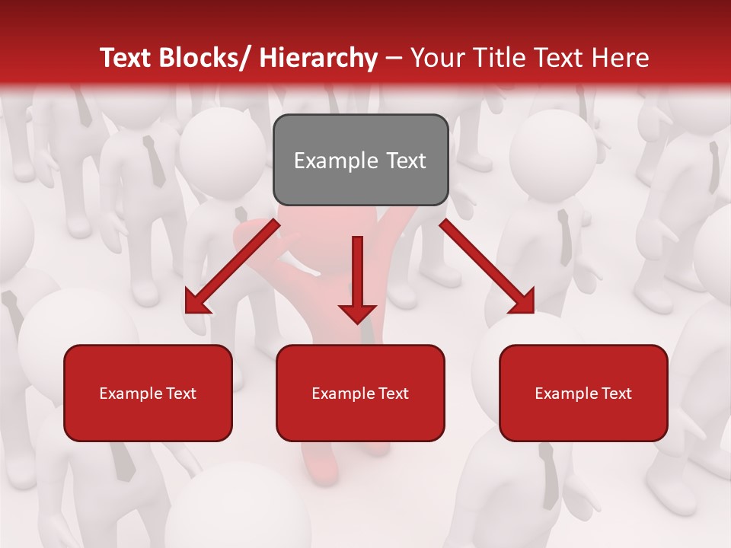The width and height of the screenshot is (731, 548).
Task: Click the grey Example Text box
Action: pos(360,160)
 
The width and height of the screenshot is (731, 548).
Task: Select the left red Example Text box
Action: pos(148,393)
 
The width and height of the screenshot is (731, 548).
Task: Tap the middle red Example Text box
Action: pos(360,393)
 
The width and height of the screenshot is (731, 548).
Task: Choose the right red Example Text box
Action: pos(583,393)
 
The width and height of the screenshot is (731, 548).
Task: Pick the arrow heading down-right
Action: pos(487,266)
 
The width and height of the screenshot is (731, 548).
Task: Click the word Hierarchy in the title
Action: pos(318,58)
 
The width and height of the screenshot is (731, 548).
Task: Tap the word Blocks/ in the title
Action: pos(202,58)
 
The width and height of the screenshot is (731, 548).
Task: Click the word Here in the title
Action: pos(620,58)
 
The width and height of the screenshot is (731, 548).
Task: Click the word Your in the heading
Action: pos(438,58)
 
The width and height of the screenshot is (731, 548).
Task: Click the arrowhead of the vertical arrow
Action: pos(357,312)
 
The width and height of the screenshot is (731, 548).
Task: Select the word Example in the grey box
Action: pos(336,161)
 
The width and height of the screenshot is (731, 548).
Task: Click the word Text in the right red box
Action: pos(615,393)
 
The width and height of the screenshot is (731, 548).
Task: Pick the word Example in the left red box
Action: pos(130,393)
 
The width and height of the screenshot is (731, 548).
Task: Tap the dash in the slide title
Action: pos(394,58)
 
